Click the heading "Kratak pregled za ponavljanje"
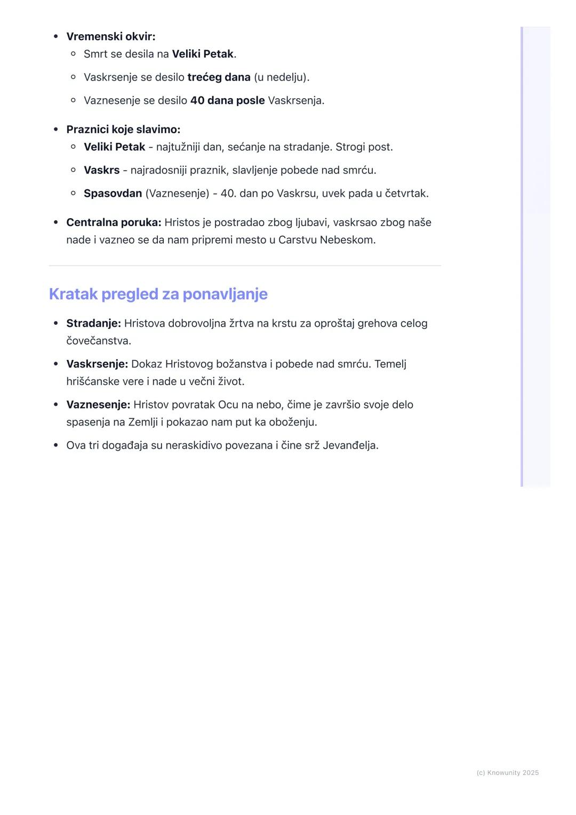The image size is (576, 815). pos(158,294)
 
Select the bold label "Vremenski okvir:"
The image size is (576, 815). pos(111,37)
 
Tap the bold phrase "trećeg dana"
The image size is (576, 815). pos(219,77)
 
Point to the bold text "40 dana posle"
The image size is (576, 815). pos(227,100)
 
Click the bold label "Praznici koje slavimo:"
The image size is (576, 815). pos(123,130)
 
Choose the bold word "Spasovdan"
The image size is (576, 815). pos(113,194)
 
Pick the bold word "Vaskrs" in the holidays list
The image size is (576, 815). pos(101,170)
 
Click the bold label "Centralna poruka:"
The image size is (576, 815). pos(114,222)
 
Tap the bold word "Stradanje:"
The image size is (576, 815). pos(93,323)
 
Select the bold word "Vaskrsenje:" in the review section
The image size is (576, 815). pos(97,364)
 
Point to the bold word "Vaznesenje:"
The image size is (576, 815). pos(98,405)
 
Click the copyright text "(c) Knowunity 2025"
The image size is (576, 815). pos(507,773)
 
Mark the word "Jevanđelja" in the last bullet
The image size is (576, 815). pos(350,445)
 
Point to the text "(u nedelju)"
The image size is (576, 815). pos(281,77)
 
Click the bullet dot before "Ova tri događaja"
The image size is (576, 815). pos(55,445)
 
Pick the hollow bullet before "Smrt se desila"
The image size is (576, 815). pos(73,54)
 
